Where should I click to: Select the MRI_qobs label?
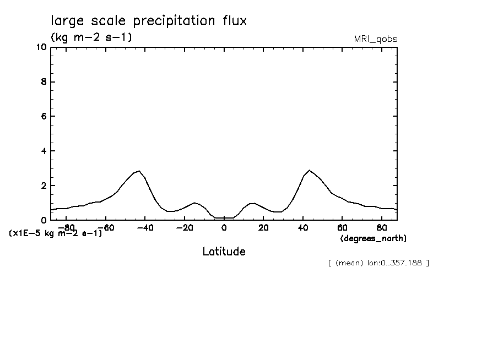point(375,39)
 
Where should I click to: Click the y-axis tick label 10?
point(41,47)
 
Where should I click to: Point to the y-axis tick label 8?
point(44,82)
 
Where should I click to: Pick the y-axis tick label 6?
point(44,117)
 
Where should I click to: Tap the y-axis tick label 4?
point(44,151)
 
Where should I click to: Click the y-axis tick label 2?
point(44,186)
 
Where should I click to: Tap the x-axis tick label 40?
point(302,227)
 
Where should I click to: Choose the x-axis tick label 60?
point(342,227)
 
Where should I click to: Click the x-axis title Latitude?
point(224,252)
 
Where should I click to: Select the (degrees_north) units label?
point(373,238)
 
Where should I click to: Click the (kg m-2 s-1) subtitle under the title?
point(91,37)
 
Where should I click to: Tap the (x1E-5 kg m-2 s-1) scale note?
point(56,233)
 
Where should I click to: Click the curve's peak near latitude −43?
point(139,171)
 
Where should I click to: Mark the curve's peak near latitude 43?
point(310,171)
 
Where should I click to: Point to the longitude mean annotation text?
point(378,263)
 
